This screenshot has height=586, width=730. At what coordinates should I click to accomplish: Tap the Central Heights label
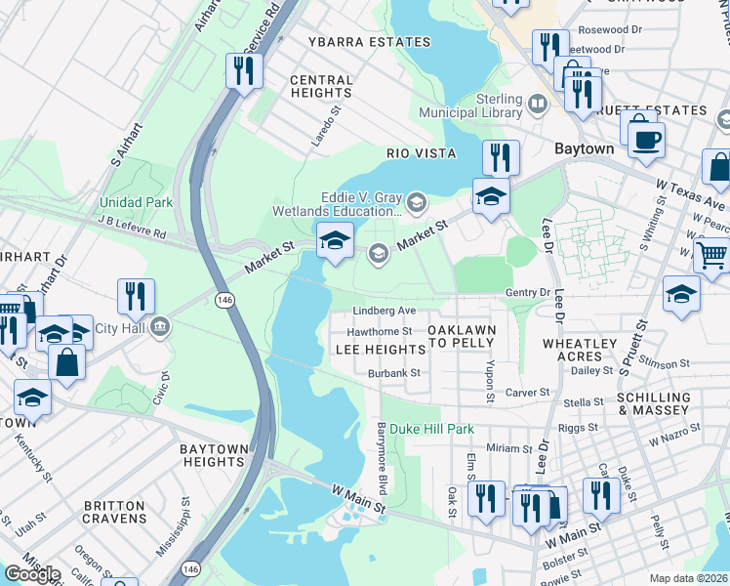pyautogui.click(x=321, y=86)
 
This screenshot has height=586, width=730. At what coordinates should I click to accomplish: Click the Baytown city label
pyautogui.click(x=584, y=149)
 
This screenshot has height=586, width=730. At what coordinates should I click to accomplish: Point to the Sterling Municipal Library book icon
pyautogui.click(x=537, y=103)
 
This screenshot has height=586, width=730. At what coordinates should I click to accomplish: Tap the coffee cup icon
pyautogui.click(x=645, y=139)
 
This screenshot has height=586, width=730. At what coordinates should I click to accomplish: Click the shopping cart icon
pyautogui.click(x=711, y=255)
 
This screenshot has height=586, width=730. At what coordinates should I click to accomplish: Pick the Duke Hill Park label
pyautogui.click(x=432, y=429)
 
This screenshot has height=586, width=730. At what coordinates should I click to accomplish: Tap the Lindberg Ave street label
pyautogui.click(x=385, y=311)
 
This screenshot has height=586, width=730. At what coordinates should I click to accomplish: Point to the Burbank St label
pyautogui.click(x=393, y=373)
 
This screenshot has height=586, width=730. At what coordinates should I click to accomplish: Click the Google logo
pyautogui.click(x=32, y=574)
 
